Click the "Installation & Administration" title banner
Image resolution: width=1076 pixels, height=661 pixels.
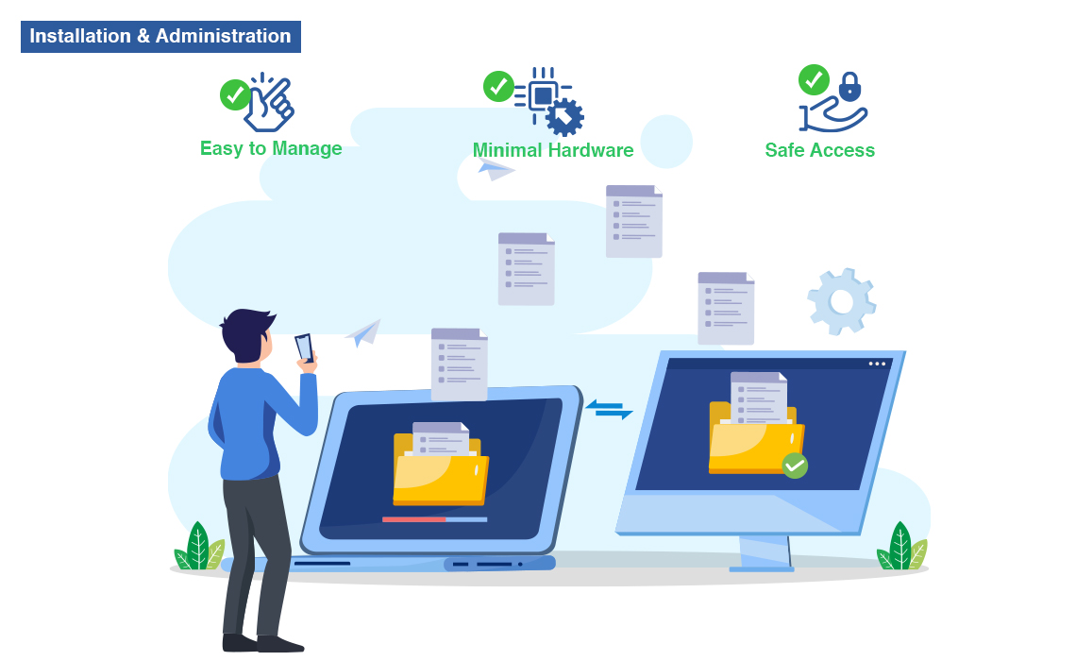[160, 37]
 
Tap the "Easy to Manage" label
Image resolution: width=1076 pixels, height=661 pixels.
[271, 148]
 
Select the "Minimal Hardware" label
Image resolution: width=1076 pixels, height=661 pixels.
[552, 150]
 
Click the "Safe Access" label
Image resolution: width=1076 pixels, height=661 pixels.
[819, 150]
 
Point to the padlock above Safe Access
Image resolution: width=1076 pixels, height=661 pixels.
[849, 87]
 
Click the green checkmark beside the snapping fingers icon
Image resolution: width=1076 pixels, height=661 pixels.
[235, 94]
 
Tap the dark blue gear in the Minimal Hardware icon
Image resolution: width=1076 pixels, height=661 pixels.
[564, 116]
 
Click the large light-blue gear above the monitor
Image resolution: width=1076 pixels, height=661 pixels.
[841, 301]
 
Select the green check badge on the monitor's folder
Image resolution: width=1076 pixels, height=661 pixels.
[795, 465]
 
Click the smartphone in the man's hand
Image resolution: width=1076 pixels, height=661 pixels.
[304, 347]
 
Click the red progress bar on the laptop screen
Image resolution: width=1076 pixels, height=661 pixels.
[413, 519]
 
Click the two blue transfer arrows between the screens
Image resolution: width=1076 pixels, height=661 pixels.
[609, 409]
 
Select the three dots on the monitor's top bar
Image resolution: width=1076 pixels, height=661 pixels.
[877, 364]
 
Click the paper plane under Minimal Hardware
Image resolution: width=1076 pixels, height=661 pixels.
[496, 169]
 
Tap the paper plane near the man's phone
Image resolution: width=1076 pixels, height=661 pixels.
[364, 331]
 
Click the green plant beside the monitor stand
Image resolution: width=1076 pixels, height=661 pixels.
[901, 547]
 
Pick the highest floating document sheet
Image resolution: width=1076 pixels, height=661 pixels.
[633, 221]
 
